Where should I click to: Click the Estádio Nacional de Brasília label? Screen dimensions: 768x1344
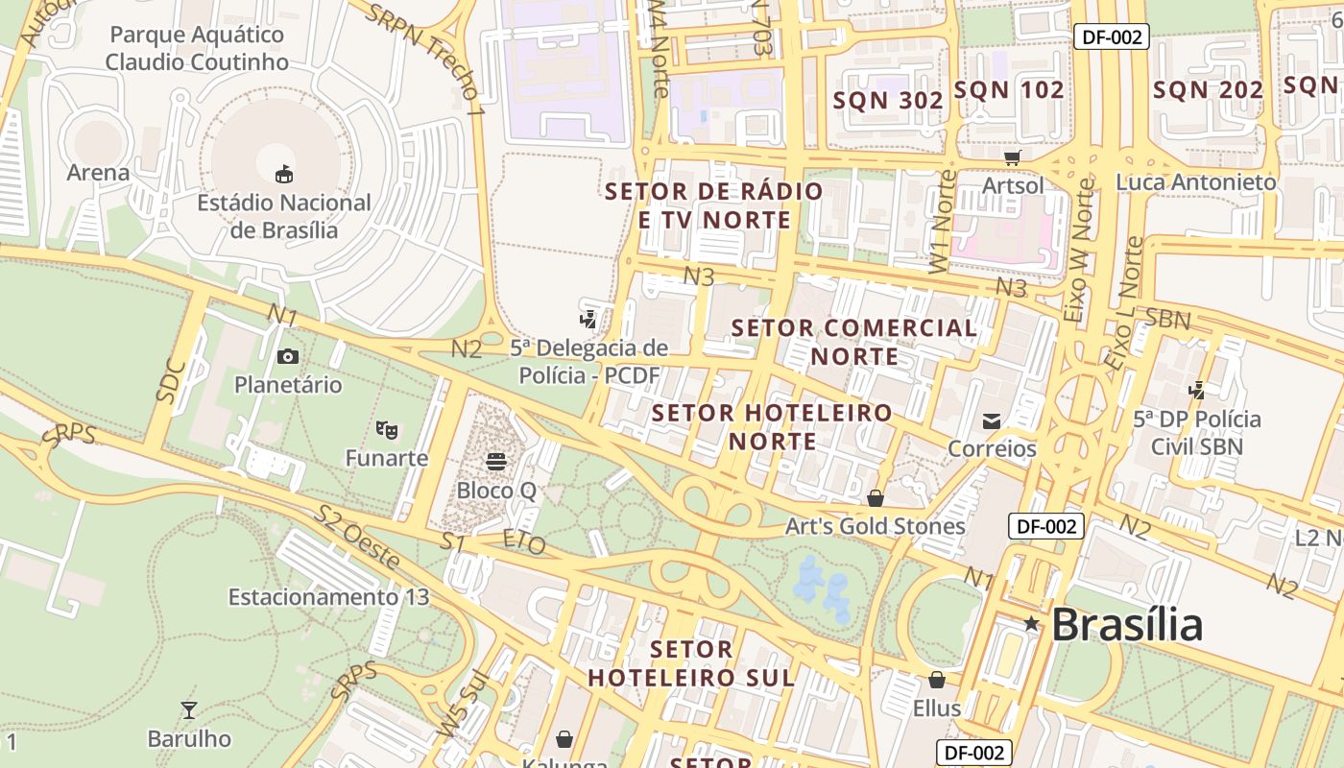[283, 216]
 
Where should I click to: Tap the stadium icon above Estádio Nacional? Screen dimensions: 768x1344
[284, 175]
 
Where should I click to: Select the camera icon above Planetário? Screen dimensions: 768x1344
[287, 357]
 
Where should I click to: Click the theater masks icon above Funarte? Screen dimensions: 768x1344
[387, 429]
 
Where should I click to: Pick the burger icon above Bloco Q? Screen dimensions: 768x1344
[495, 462]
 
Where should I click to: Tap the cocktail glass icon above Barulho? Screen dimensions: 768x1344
[189, 710]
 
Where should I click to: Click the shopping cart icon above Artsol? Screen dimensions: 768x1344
[1012, 156]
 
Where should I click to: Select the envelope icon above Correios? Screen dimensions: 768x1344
[992, 421]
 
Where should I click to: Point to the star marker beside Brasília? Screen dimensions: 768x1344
[1031, 624]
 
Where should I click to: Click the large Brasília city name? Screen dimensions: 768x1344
[1127, 625]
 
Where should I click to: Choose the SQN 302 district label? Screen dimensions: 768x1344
[888, 100]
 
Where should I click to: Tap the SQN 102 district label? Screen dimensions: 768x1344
[1009, 90]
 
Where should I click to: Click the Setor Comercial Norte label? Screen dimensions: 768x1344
[854, 342]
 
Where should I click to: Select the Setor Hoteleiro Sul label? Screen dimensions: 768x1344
[691, 663]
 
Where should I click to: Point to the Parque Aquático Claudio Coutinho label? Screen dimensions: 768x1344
[197, 48]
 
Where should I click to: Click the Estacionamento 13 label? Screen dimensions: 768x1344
[328, 597]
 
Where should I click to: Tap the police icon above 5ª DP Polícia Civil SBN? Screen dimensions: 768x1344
[1196, 391]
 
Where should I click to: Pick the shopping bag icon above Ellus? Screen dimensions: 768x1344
[937, 681]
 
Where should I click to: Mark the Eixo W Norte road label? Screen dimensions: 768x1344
[1080, 250]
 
